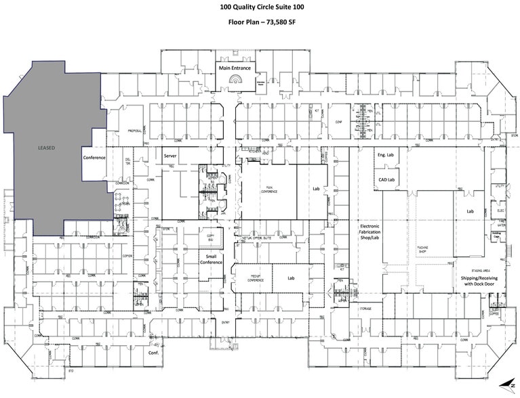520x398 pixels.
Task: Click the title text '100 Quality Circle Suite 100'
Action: click(260, 7)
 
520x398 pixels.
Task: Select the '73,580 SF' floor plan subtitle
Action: click(260, 22)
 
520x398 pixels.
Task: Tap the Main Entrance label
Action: click(235, 68)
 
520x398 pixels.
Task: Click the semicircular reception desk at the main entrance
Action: click(235, 83)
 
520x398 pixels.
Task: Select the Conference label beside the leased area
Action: click(95, 157)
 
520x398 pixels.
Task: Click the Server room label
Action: click(170, 155)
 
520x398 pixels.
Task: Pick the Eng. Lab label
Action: click(385, 155)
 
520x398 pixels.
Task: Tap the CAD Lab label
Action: click(385, 179)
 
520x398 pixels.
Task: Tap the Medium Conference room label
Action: click(252, 278)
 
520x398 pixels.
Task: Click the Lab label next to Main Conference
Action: click(315, 190)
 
